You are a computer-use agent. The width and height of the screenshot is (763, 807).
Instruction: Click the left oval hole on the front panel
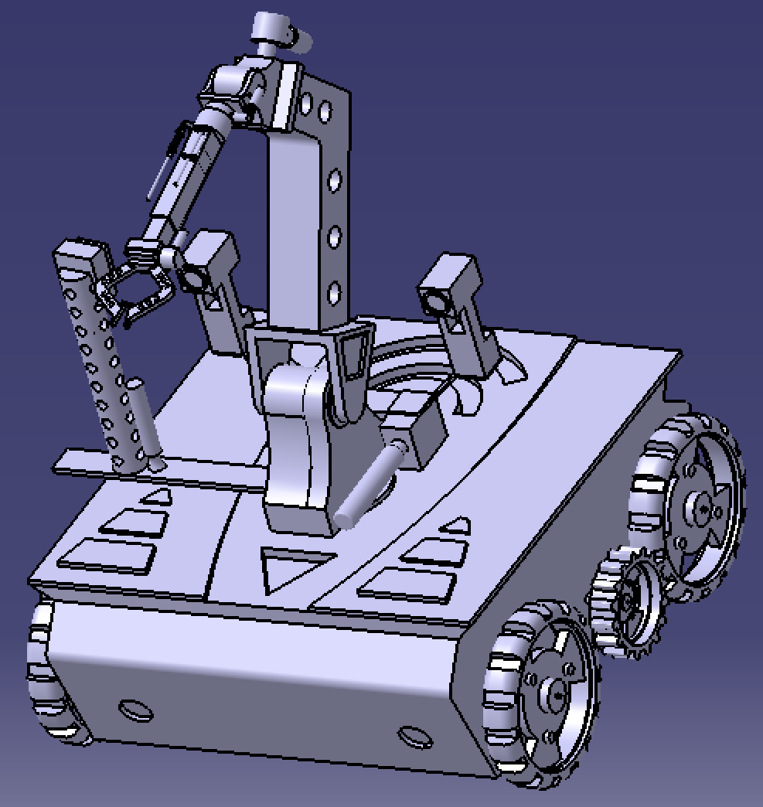click(x=135, y=709)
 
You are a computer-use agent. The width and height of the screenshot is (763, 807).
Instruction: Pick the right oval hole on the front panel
click(x=414, y=736)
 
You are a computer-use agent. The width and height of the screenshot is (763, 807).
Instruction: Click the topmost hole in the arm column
click(x=308, y=102)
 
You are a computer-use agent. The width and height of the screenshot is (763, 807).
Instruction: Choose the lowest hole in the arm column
click(x=334, y=293)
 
